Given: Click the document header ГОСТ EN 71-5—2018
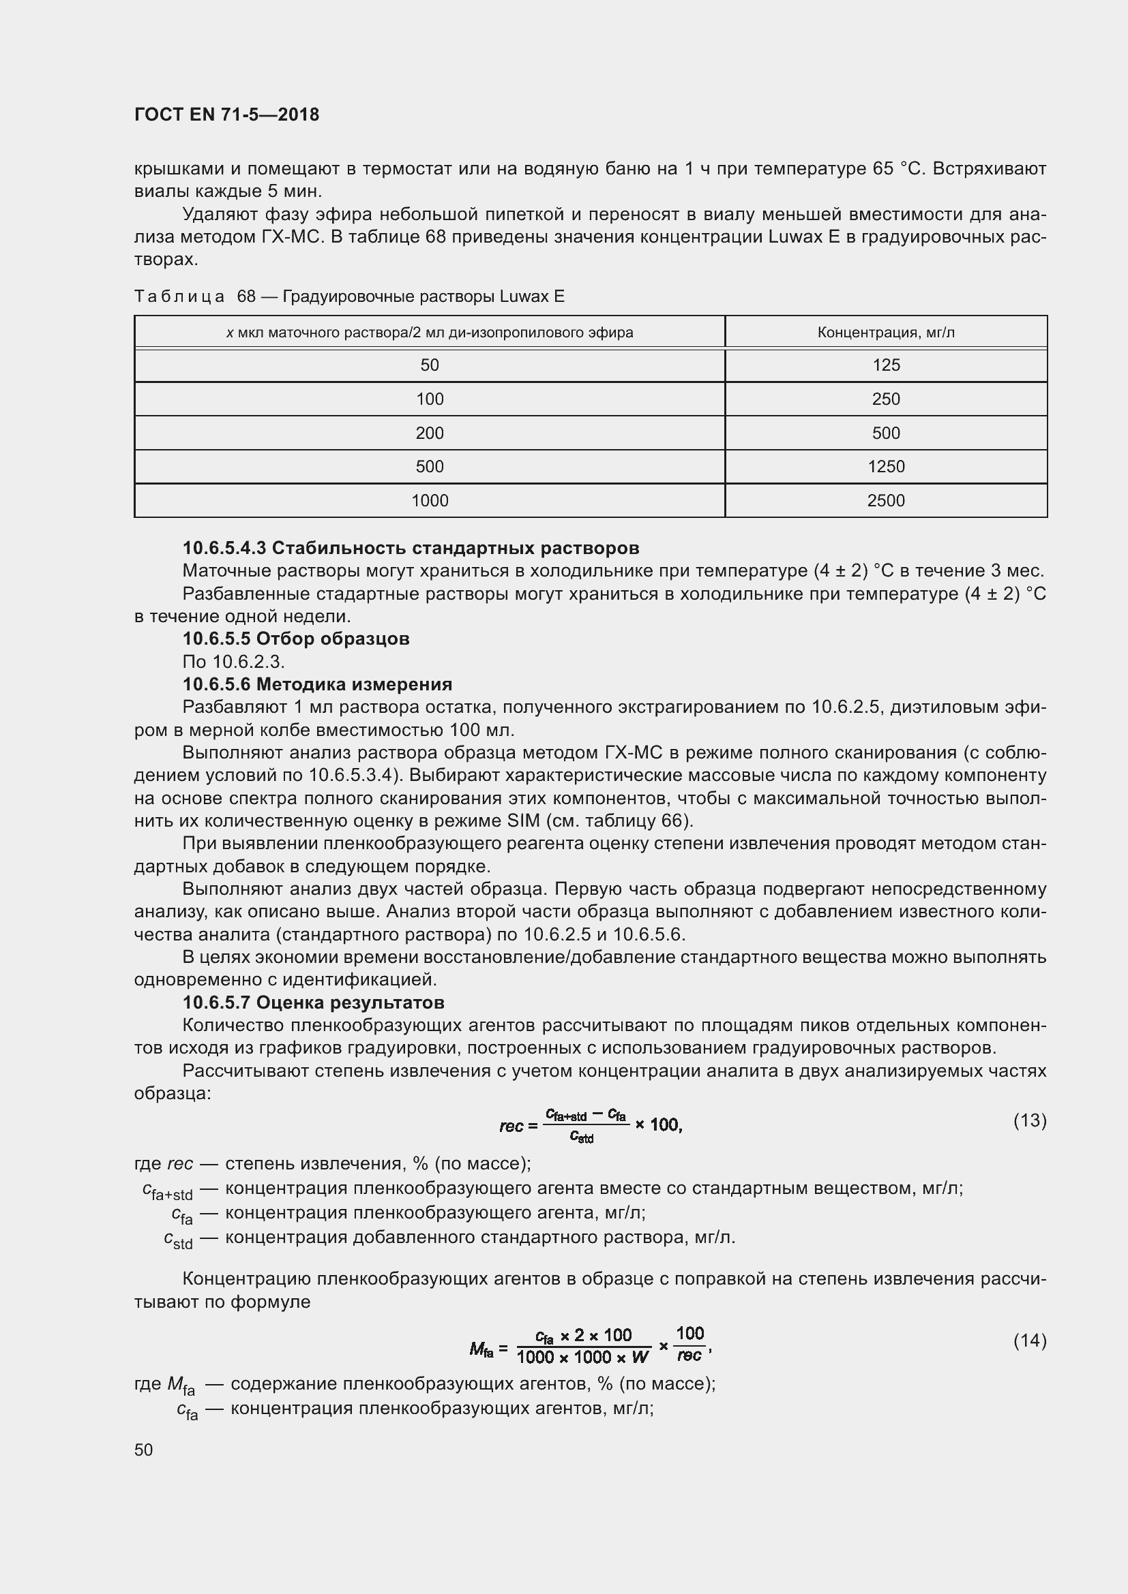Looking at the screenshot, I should click(x=226, y=114).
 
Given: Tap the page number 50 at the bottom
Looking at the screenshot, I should click(x=144, y=1450).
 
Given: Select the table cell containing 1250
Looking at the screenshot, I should click(x=886, y=467).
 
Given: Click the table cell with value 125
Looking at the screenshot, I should click(x=886, y=365).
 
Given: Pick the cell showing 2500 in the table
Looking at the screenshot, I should click(x=886, y=501).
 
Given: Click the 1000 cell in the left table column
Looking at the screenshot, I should click(x=429, y=501).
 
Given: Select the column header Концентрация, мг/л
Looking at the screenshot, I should click(x=886, y=333).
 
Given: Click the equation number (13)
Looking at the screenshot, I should click(x=1029, y=1120).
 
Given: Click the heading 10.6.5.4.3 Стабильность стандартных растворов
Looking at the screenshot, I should click(x=411, y=549).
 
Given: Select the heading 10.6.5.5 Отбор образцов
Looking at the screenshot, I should click(x=296, y=639).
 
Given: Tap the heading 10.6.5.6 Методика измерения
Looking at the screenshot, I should click(x=316, y=684).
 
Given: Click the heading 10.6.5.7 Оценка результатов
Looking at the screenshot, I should click(x=313, y=1002).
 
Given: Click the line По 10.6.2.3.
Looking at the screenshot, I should click(x=233, y=662).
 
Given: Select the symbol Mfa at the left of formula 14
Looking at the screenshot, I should click(x=481, y=1349).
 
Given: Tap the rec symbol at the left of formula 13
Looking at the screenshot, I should click(x=511, y=1125).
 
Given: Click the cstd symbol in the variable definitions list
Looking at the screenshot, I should click(x=178, y=1239).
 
